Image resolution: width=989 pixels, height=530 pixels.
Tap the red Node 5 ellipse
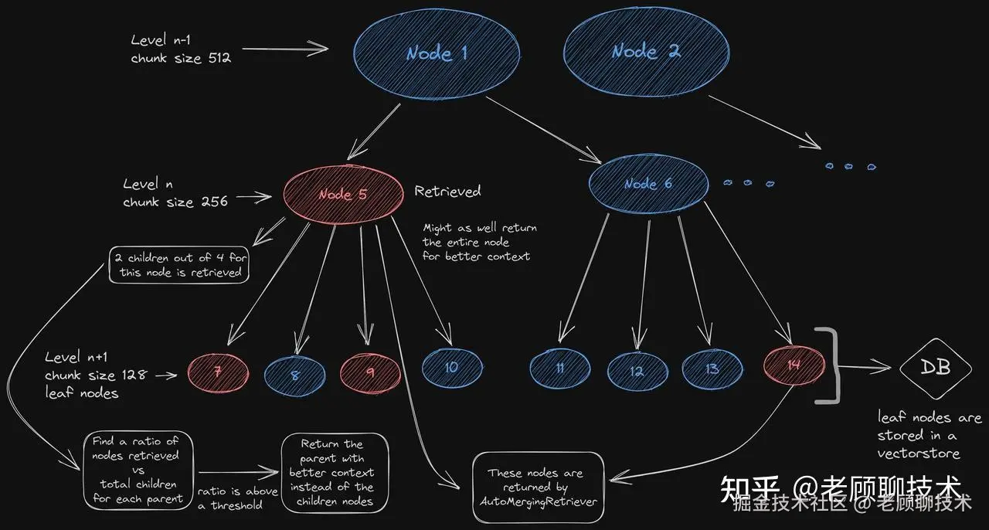click(343, 194)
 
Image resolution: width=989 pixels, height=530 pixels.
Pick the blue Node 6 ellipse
click(647, 184)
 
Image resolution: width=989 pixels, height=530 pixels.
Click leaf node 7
click(218, 372)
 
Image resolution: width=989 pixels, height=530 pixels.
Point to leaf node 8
click(294, 375)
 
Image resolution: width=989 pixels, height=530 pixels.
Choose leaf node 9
click(370, 372)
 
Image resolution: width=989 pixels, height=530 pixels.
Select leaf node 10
click(452, 368)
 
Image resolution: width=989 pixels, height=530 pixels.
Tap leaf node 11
click(560, 369)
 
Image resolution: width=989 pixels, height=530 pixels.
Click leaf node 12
click(637, 371)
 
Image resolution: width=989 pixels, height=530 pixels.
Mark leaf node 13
click(712, 369)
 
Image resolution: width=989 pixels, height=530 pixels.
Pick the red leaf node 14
click(794, 365)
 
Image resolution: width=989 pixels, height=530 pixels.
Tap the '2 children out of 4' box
click(179, 265)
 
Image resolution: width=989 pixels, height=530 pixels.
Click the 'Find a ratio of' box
click(135, 470)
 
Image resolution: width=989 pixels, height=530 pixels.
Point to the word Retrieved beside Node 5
click(447, 191)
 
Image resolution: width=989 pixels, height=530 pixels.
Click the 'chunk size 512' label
click(181, 58)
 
